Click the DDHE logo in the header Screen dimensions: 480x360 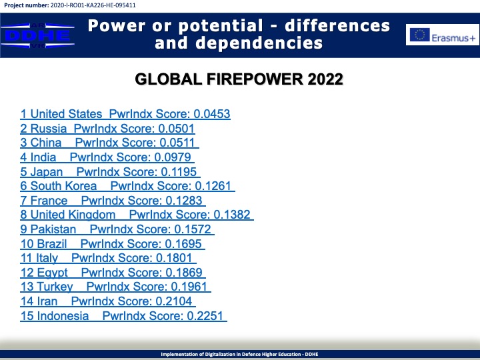[x=37, y=35]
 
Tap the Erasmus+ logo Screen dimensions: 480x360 [x=443, y=35]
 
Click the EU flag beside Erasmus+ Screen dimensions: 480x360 [x=420, y=35]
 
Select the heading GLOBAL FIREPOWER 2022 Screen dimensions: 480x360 [x=239, y=79]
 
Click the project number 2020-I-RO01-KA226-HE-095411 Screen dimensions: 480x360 [x=93, y=5]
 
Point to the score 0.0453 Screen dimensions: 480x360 [x=212, y=114]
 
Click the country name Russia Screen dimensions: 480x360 [x=49, y=129]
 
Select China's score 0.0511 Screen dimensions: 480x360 [x=177, y=143]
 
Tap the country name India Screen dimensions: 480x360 [x=43, y=157]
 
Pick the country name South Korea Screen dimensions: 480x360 [x=63, y=186]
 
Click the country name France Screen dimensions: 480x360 [x=49, y=201]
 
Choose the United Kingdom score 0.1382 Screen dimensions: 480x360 [x=232, y=215]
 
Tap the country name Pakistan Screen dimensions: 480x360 [x=53, y=229]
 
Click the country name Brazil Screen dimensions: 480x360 [x=52, y=244]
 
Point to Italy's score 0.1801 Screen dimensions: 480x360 [x=174, y=258]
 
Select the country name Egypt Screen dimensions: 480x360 [x=53, y=273]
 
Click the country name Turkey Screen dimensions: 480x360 [x=55, y=287]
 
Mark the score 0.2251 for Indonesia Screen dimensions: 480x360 [x=205, y=316]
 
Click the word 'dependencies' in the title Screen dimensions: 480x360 [x=259, y=43]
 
